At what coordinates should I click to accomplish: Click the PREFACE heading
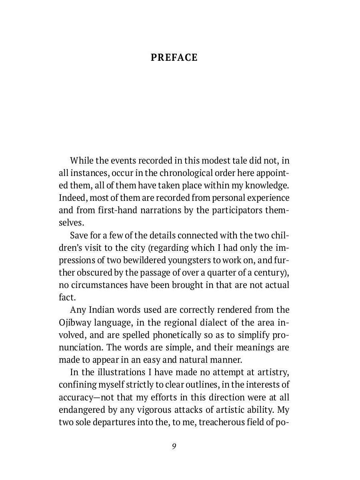pos(174,58)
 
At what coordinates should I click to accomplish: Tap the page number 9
pos(174,446)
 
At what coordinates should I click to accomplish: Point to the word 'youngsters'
pos(187,260)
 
